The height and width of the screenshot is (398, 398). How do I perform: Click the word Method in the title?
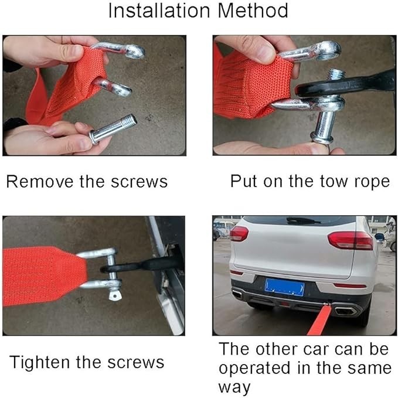click(253, 11)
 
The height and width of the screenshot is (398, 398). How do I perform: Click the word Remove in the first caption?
click(40, 182)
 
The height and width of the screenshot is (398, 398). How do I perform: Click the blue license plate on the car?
click(284, 287)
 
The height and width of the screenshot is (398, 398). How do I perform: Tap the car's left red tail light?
click(239, 233)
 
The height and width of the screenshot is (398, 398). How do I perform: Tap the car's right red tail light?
click(351, 240)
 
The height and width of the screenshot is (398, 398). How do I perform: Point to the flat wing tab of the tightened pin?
click(115, 295)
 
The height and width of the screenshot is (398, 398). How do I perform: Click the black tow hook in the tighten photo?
click(142, 266)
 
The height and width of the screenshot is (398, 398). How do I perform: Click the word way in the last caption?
click(234, 387)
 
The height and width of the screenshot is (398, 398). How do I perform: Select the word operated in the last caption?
click(254, 368)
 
